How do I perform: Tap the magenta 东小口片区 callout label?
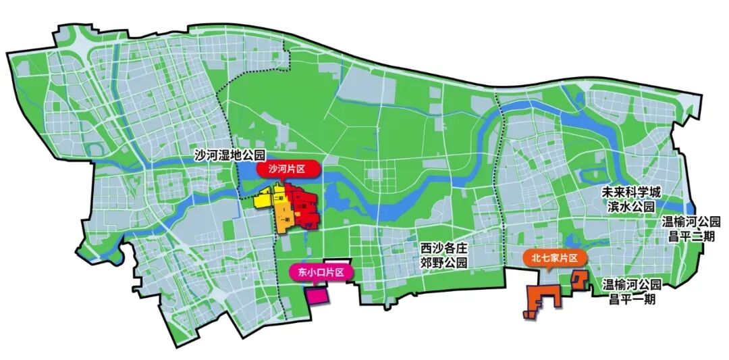click(x=317, y=272)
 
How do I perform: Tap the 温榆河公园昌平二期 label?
click(x=691, y=228)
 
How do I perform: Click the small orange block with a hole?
click(x=578, y=279)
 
